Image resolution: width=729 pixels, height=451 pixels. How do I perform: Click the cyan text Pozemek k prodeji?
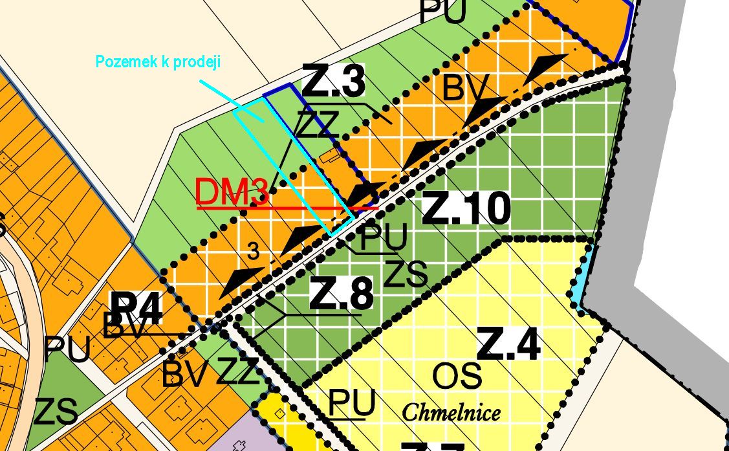coord(158,62)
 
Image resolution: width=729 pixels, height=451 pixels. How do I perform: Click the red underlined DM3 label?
coord(232,192)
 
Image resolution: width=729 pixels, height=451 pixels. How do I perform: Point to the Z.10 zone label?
coord(466,210)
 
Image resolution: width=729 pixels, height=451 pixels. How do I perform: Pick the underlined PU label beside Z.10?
coord(384,237)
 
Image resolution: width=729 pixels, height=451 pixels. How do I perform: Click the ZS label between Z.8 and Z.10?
coord(406,273)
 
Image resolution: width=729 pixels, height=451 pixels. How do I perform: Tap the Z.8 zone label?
coord(342,294)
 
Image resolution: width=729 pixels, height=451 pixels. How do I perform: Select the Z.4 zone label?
coord(508,344)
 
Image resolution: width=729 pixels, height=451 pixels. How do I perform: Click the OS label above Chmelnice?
coord(457,377)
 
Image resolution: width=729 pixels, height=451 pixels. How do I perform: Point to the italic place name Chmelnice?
coord(452,412)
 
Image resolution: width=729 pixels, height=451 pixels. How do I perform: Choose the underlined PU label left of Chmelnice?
coord(352,403)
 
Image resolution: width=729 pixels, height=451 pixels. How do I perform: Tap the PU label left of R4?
coord(67,350)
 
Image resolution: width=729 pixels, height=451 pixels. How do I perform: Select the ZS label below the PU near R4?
coord(56,412)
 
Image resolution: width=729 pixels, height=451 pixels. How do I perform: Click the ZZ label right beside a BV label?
coord(238,372)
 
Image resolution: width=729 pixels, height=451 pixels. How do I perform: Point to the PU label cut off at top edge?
coord(443,11)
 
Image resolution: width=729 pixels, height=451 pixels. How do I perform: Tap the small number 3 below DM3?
coord(254,252)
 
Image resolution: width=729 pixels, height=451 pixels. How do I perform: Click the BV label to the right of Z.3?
coord(463,88)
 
